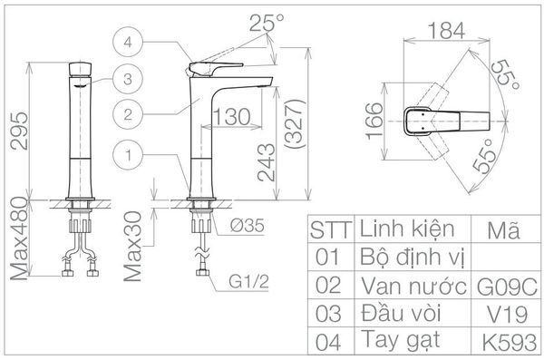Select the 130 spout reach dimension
pos(235,118)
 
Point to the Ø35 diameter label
pos(246,227)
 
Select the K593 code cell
pos(507,343)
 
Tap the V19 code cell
pos(507,314)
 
